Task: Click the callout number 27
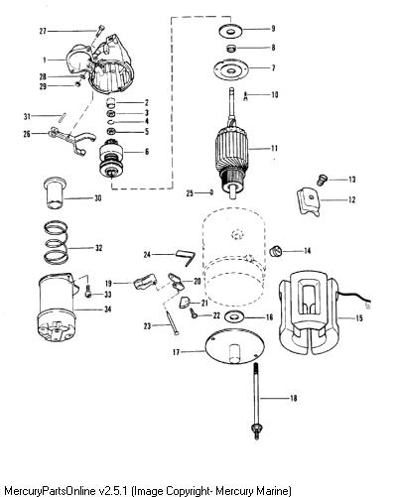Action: [x=43, y=32]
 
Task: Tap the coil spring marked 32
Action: [x=57, y=242]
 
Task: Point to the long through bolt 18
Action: [x=256, y=401]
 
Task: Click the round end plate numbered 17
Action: [x=235, y=346]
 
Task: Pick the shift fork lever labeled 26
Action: [x=72, y=141]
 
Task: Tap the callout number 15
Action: [x=359, y=318]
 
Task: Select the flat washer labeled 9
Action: [x=231, y=31]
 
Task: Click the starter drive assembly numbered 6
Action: [x=112, y=160]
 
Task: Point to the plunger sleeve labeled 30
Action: [x=55, y=193]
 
